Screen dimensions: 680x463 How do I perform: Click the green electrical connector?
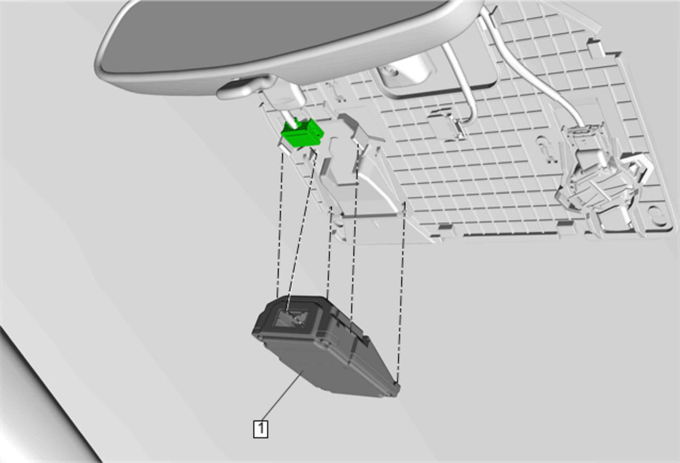pyautogui.click(x=303, y=134)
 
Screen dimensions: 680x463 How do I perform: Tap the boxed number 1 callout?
pyautogui.click(x=261, y=428)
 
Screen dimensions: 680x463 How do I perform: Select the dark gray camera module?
pyautogui.click(x=325, y=346)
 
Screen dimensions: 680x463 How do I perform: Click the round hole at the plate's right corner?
pyautogui.click(x=658, y=216)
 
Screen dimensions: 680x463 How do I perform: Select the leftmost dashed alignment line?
pyautogui.click(x=280, y=224)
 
